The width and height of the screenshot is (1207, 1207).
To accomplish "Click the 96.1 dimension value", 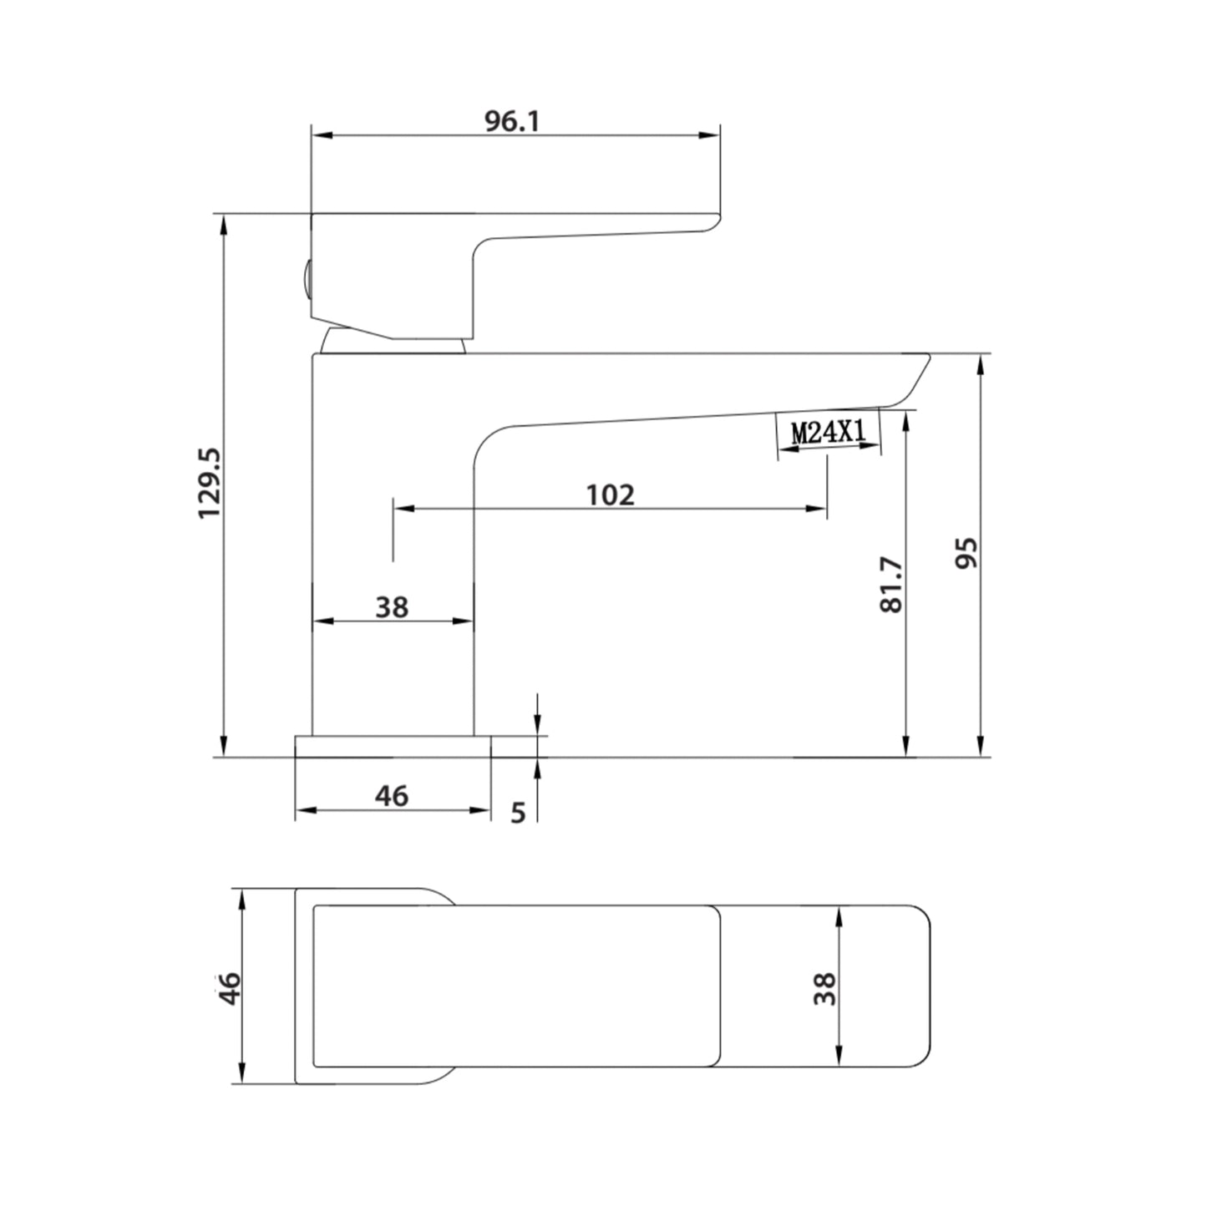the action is (512, 121).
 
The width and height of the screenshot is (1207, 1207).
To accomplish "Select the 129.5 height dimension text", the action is (209, 483).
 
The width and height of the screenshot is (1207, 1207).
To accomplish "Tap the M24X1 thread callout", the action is (828, 432).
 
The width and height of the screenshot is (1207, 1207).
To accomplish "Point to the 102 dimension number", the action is (610, 494).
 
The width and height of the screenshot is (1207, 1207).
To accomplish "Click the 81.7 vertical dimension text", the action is (890, 585).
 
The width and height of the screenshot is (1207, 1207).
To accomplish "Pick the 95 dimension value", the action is (966, 553).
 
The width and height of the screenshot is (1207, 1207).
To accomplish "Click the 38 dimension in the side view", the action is (392, 607).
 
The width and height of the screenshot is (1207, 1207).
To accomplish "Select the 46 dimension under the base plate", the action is (392, 796).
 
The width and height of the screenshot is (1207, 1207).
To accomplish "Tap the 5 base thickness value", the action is (518, 813).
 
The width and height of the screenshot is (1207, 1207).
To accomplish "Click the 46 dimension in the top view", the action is (229, 988).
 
